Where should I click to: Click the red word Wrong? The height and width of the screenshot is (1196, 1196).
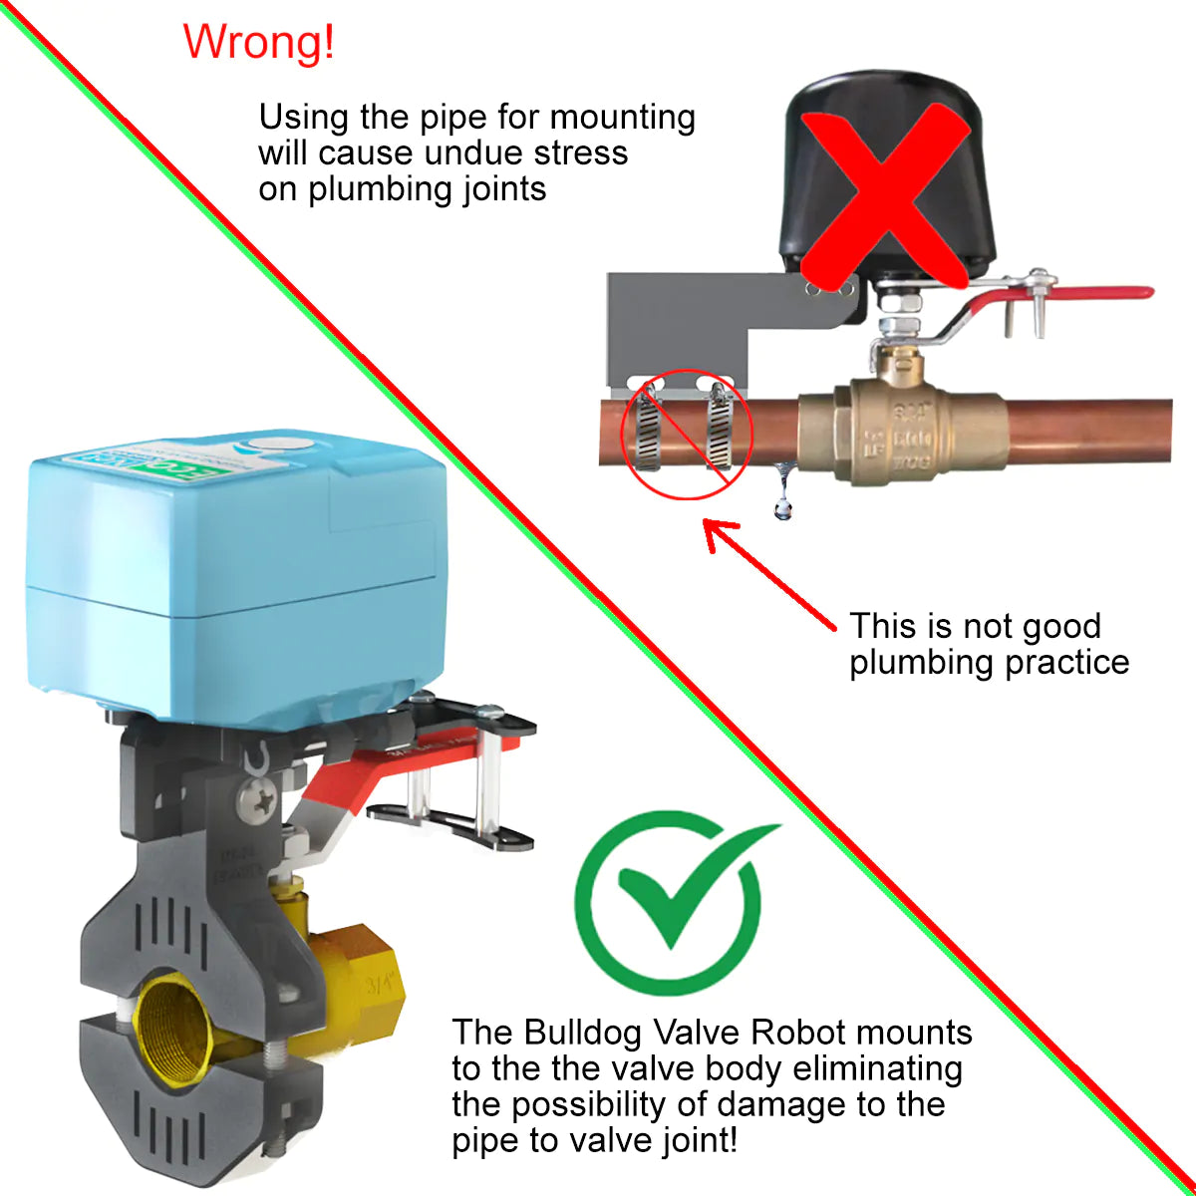[259, 42]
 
